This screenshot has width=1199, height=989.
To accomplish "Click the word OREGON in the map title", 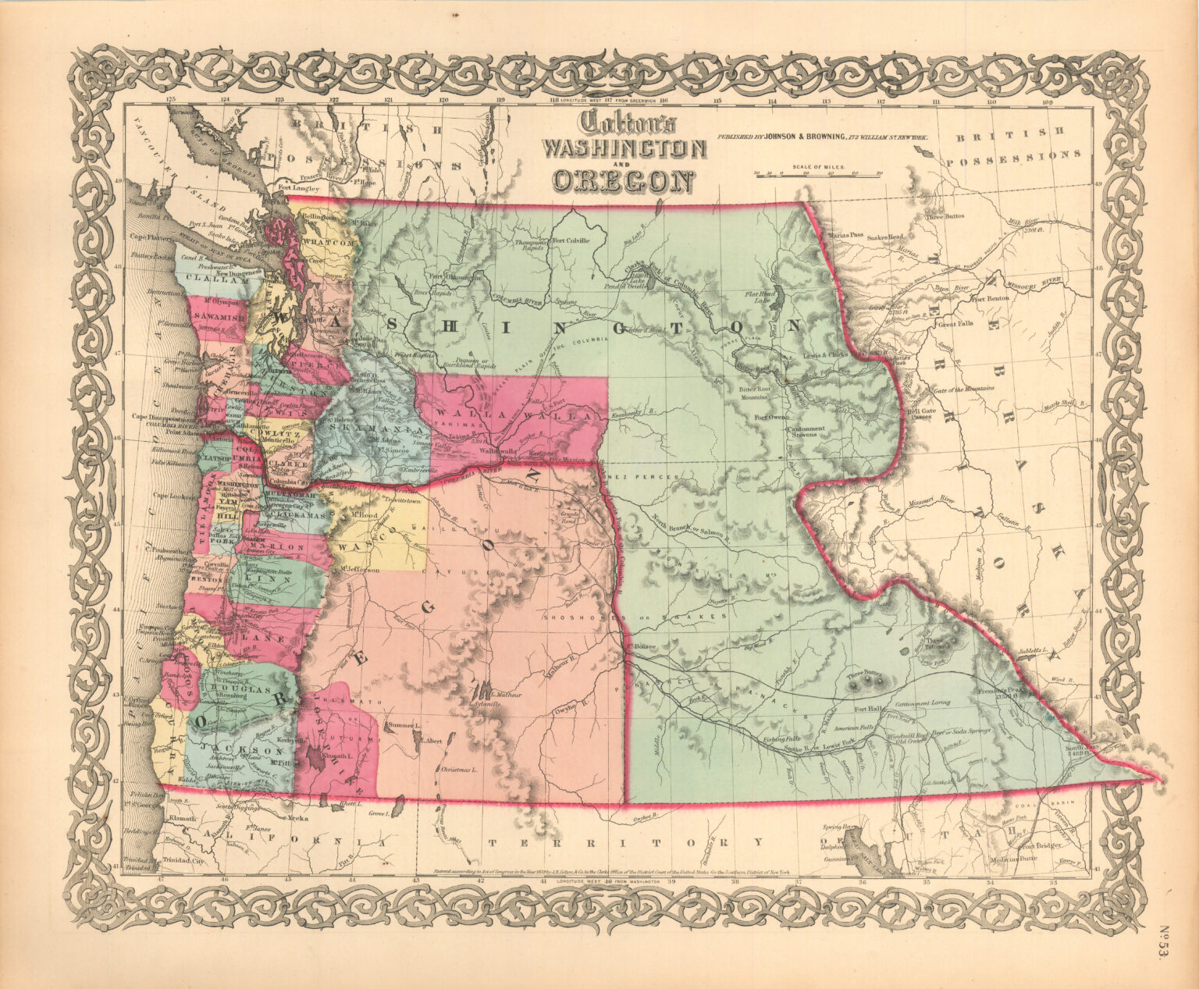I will pos(623,179).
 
